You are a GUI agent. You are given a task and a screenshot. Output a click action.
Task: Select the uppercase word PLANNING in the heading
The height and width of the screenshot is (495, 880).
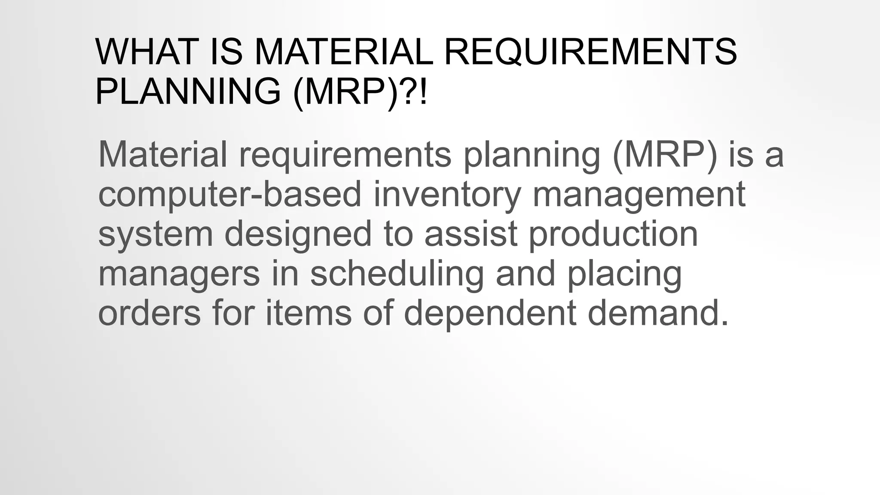pyautogui.click(x=188, y=91)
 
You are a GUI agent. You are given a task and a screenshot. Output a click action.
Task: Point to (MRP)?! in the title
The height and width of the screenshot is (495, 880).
pyautogui.click(x=360, y=91)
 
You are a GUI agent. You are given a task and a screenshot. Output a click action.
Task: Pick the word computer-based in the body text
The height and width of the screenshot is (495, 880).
pyautogui.click(x=229, y=194)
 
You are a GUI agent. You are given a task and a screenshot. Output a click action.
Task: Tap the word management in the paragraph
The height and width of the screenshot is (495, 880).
pyautogui.click(x=639, y=194)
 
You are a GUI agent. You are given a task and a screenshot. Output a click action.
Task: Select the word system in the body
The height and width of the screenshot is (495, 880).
pyautogui.click(x=156, y=234)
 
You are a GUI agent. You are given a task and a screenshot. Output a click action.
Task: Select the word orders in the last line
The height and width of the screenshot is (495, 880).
pyautogui.click(x=150, y=313)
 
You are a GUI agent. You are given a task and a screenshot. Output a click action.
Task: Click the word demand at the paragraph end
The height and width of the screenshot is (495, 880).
pyautogui.click(x=658, y=313)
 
